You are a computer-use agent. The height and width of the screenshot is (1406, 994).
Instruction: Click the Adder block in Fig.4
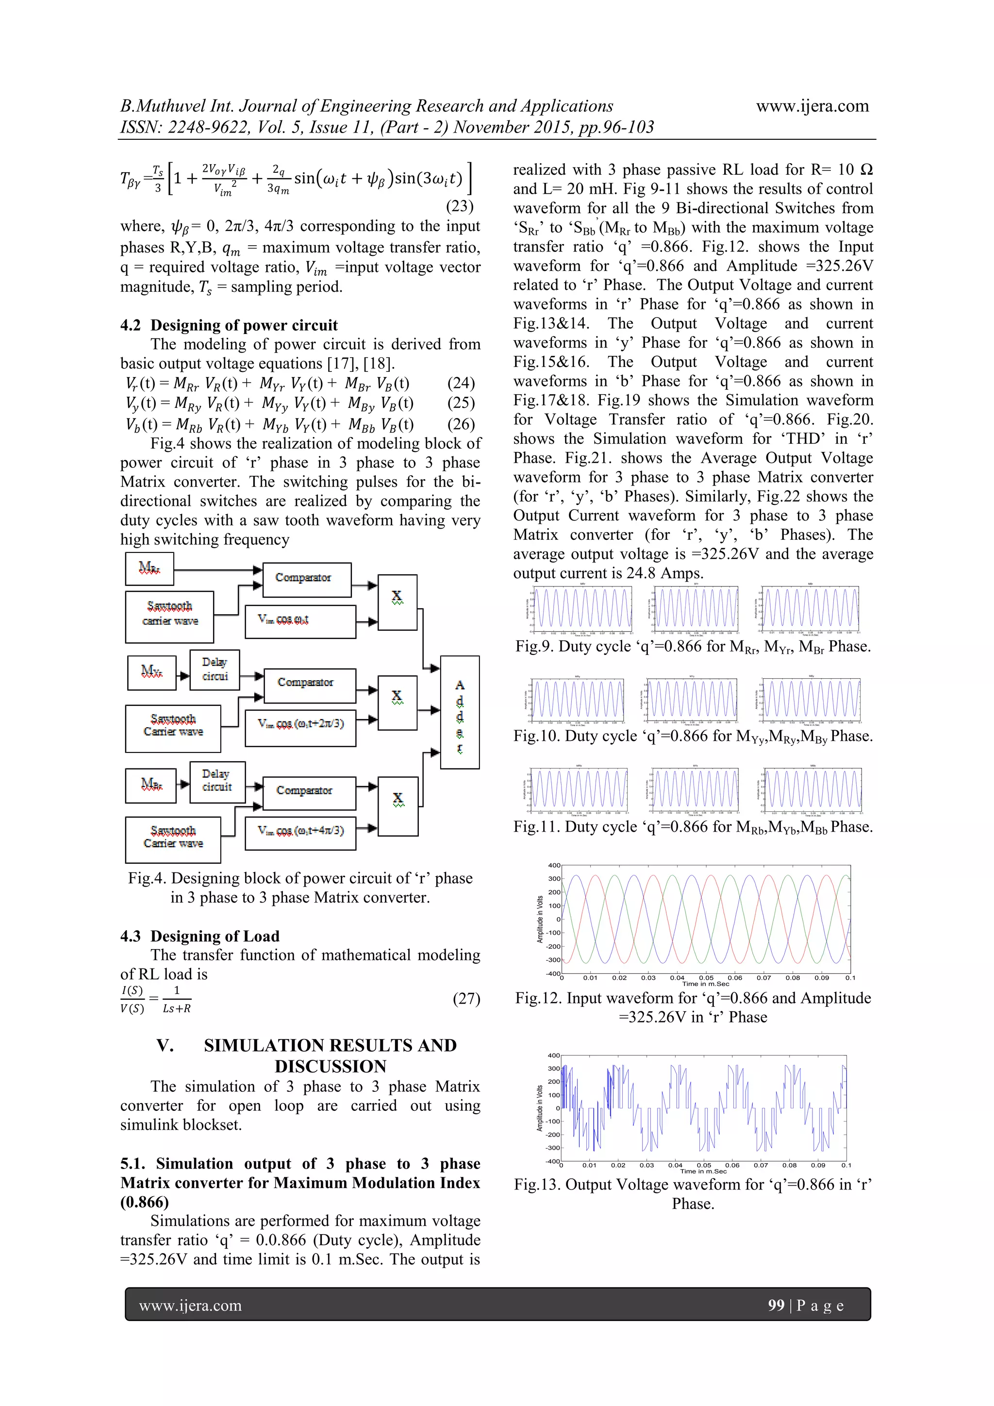coord(459,712)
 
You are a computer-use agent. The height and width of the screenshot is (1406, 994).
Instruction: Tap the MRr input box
coord(149,569)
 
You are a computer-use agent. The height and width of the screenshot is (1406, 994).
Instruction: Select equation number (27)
coord(466,999)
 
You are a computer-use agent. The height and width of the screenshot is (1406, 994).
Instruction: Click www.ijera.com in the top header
coord(812,106)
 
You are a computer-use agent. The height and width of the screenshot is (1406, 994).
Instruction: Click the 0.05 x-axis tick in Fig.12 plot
coord(706,977)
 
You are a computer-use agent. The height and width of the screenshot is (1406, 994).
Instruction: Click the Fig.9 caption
coord(693,646)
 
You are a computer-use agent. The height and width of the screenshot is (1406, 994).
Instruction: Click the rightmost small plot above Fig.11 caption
coord(812,790)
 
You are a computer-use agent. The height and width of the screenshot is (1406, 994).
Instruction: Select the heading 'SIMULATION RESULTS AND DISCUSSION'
coord(331,1056)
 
